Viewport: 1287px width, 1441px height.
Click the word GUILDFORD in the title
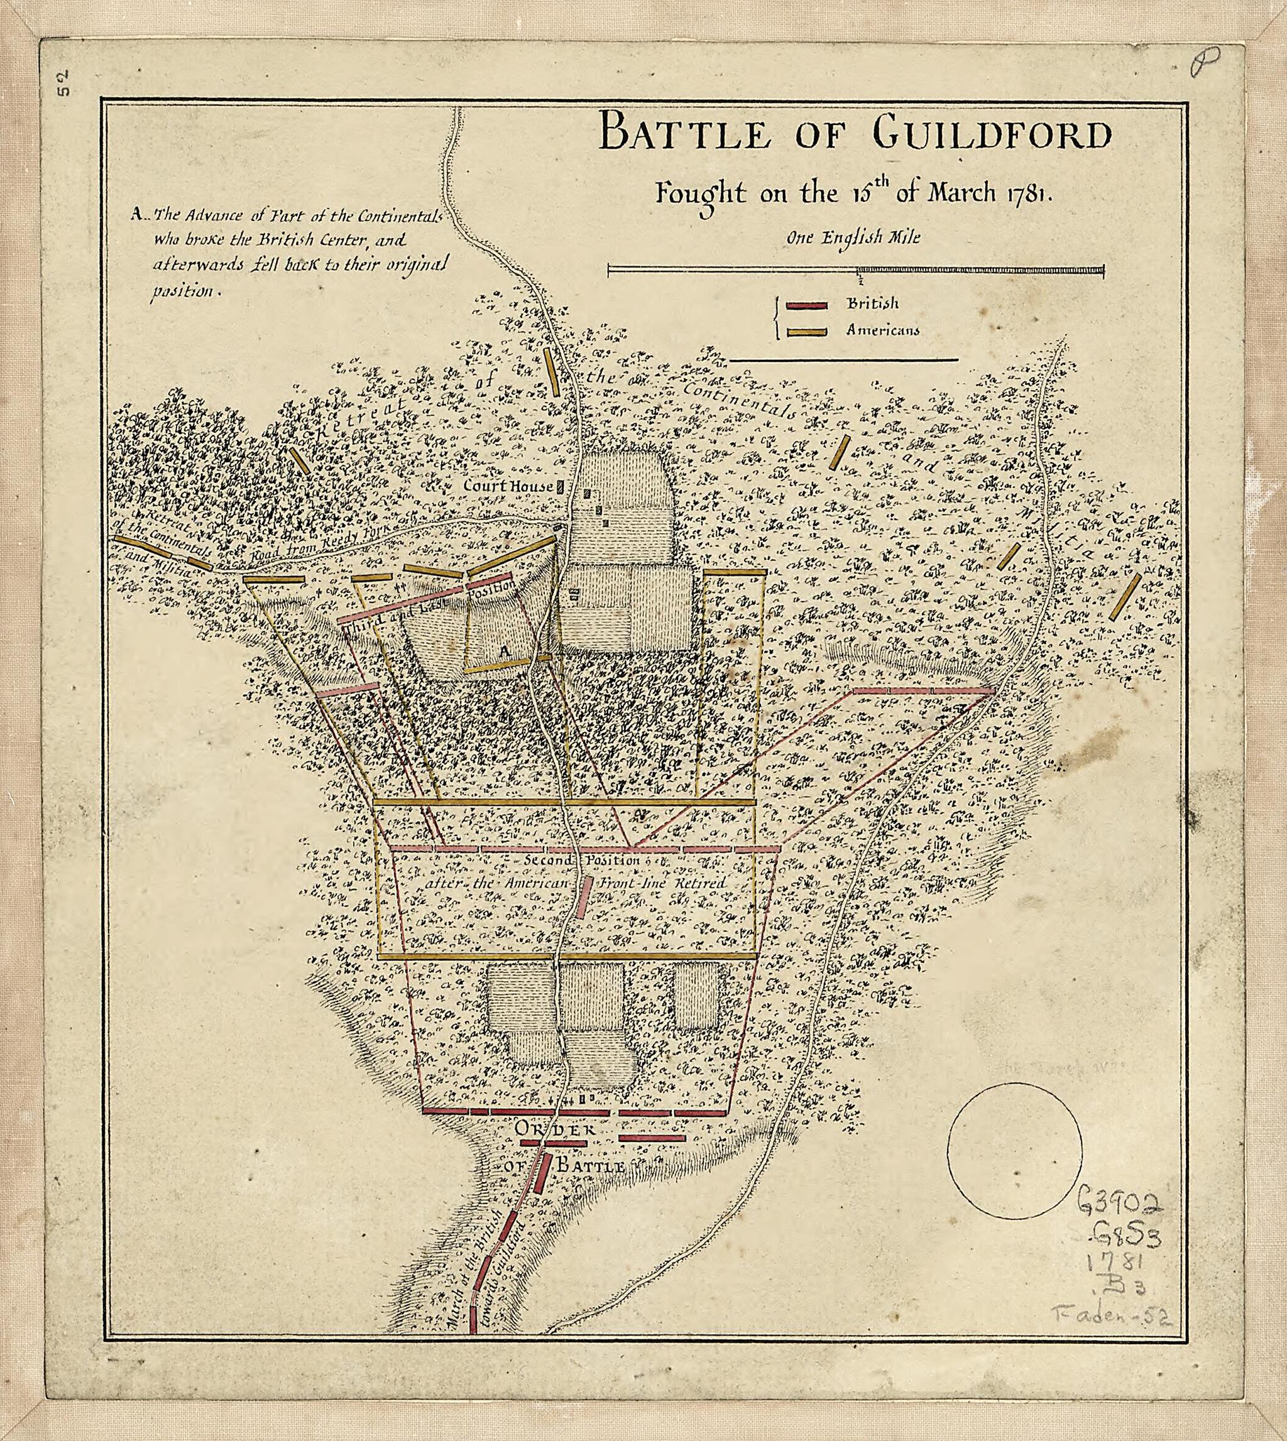tap(990, 135)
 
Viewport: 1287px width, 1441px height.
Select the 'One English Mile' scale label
tap(854, 238)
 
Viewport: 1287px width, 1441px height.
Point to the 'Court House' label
tap(508, 486)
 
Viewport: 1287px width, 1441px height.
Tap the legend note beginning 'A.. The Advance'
tap(287, 253)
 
